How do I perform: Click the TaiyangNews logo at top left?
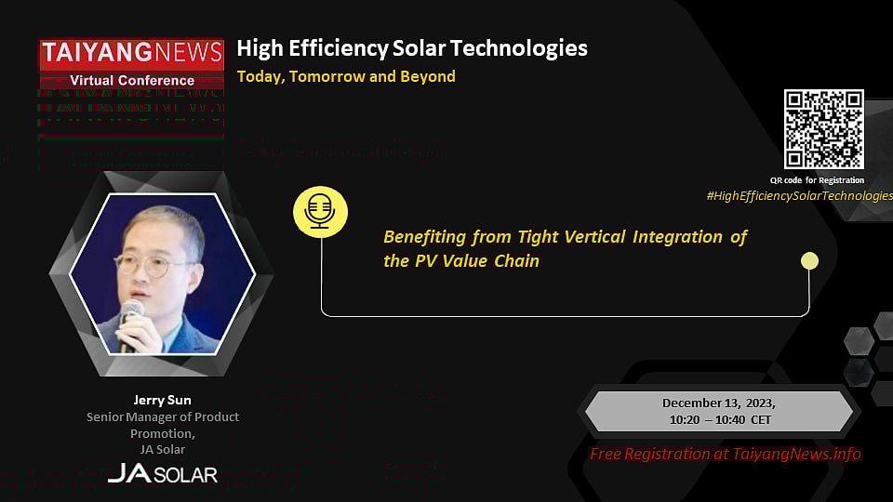coord(130,54)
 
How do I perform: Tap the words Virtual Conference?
coord(130,80)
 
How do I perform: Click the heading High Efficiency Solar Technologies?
coord(412,47)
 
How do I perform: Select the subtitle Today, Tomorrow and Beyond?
coord(346,76)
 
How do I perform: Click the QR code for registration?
coord(823,129)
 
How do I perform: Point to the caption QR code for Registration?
coord(817,179)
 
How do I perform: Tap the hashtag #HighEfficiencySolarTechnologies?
coord(798,195)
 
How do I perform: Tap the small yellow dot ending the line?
coord(809,261)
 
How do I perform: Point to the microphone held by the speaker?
coord(129,321)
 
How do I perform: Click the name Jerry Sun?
coord(162,400)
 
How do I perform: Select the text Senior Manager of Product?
coord(163,416)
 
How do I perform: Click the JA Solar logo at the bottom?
coord(162,473)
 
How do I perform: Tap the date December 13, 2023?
coord(718,403)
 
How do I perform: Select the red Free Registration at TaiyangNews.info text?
coord(725,454)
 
